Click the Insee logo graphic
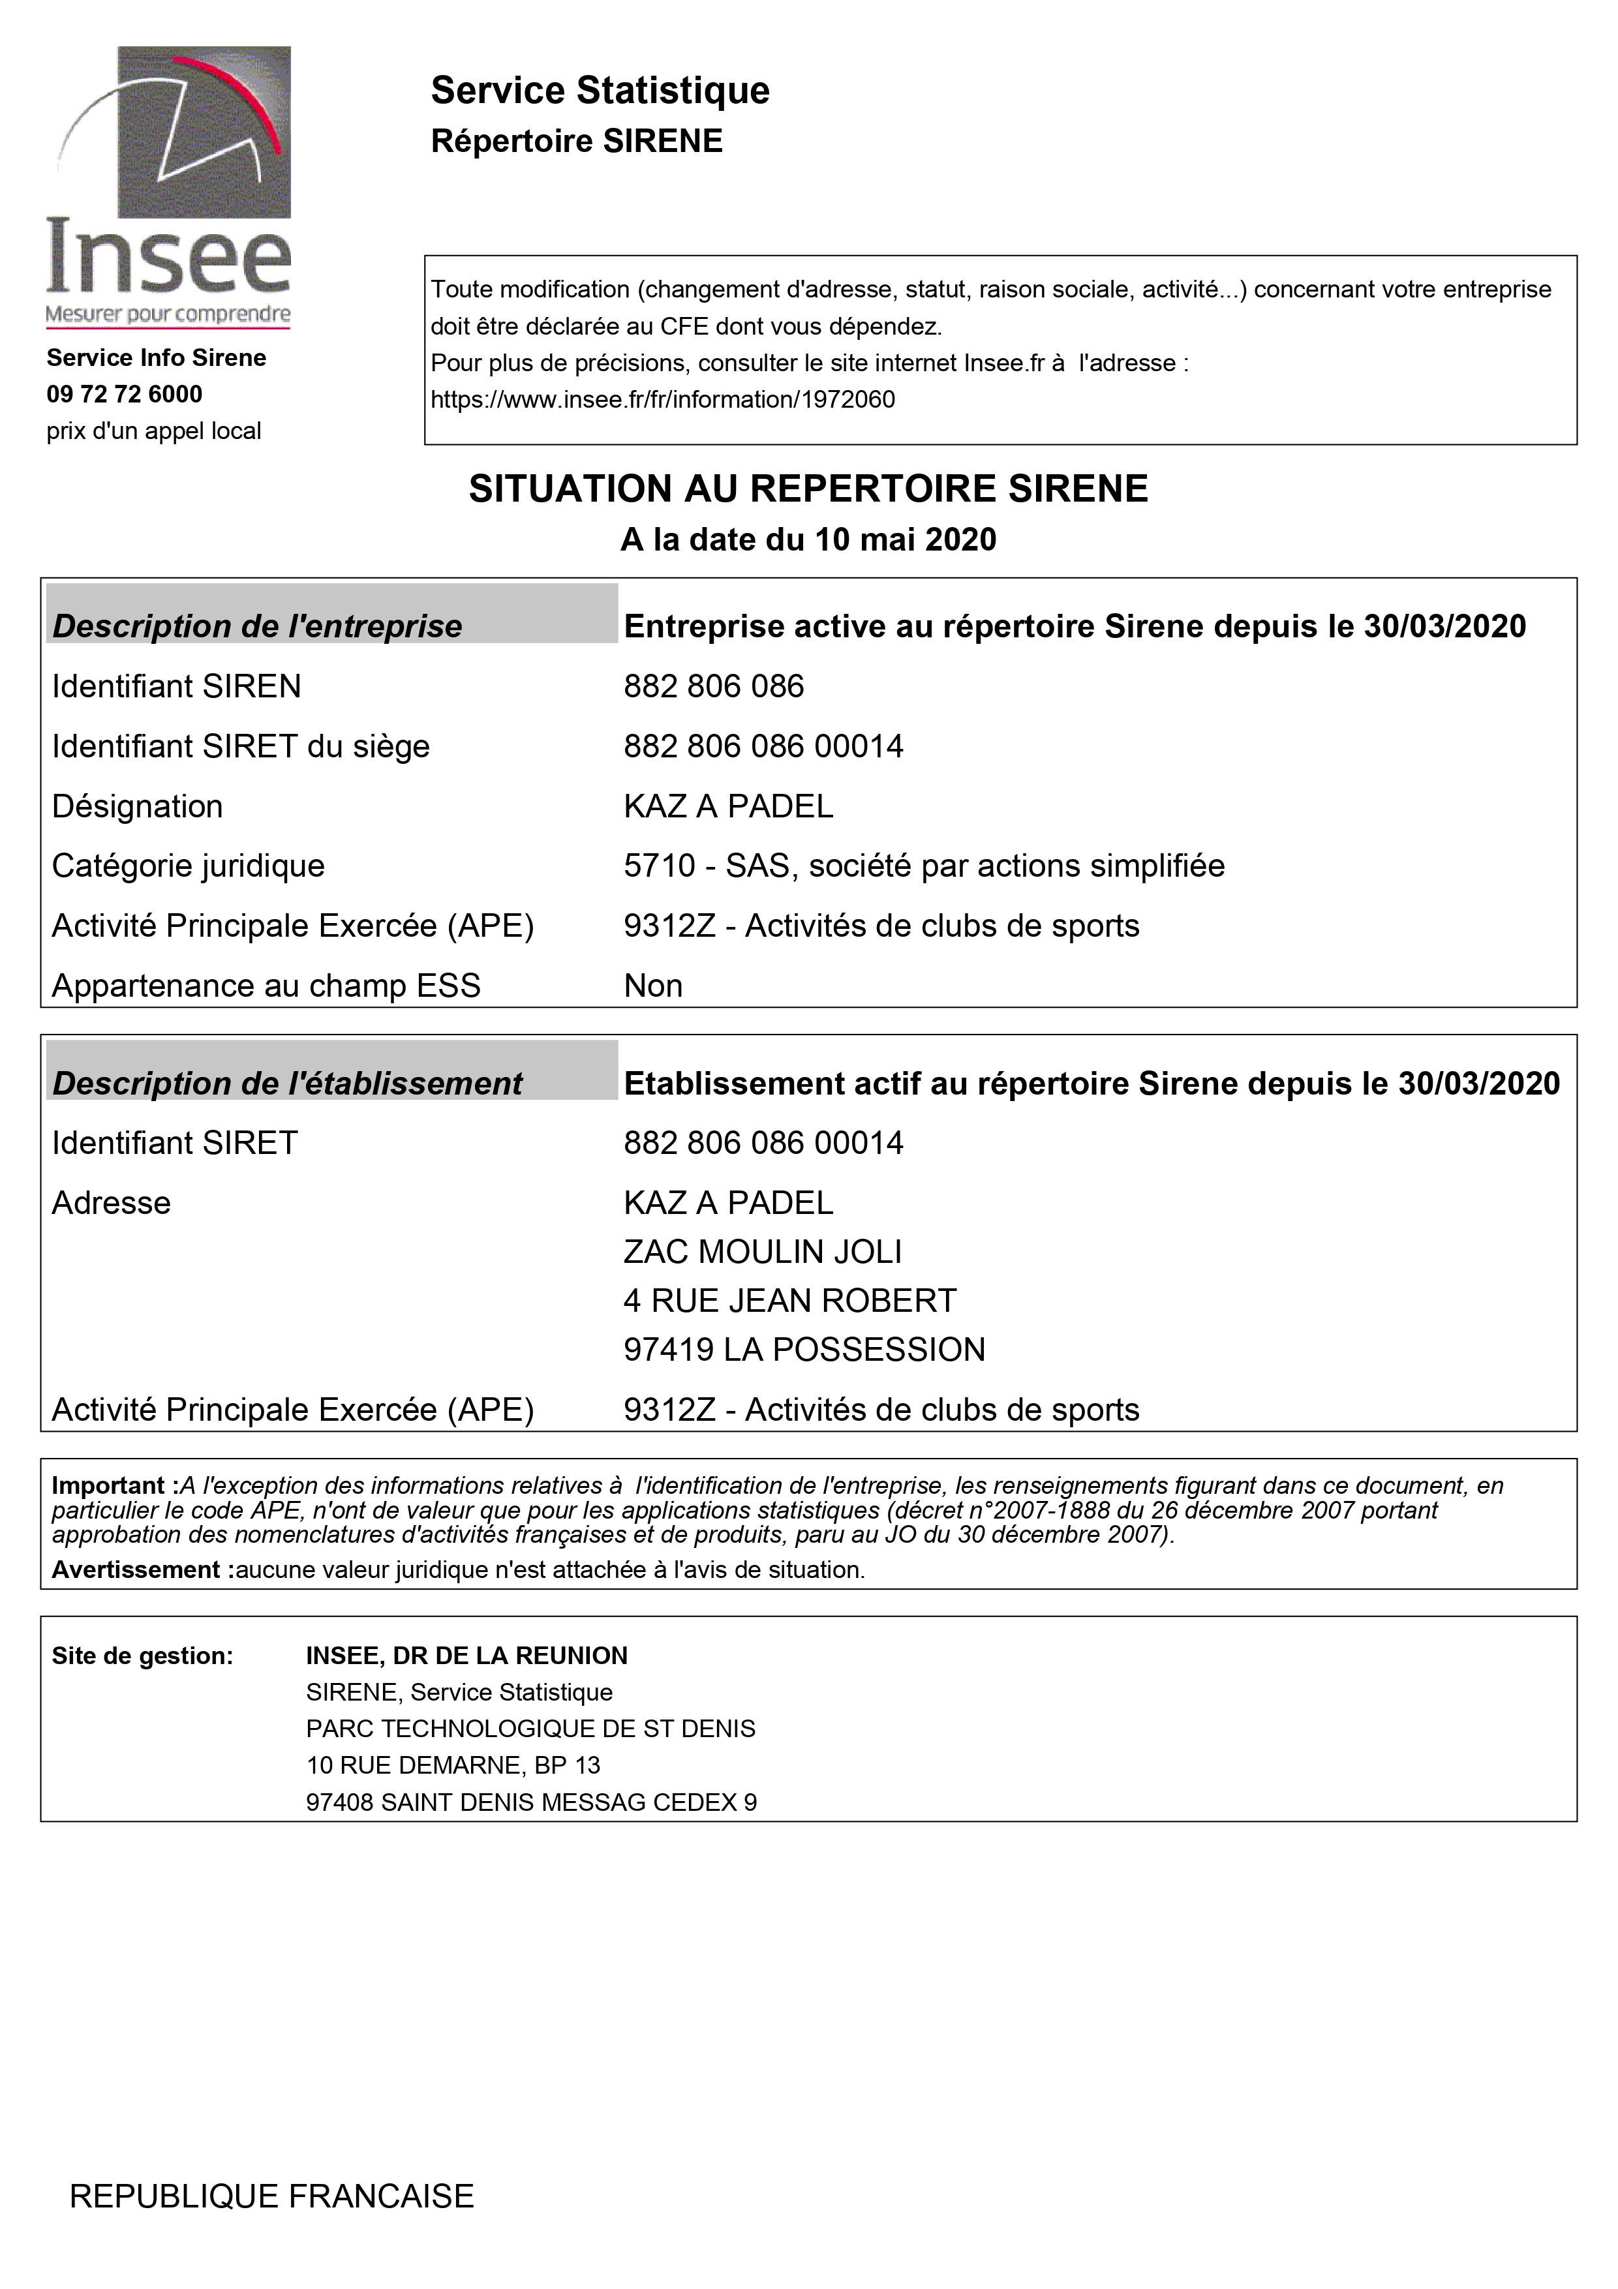tap(170, 185)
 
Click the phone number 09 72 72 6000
tap(125, 394)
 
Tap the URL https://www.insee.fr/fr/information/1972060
tap(662, 400)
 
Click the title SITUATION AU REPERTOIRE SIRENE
tap(808, 489)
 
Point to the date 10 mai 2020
tap(905, 539)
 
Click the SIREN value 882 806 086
tap(714, 686)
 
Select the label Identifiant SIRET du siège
tap(240, 746)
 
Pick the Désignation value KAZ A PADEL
tap(727, 806)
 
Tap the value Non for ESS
tap(653, 985)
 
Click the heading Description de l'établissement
tap(287, 1083)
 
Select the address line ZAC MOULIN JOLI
tap(763, 1251)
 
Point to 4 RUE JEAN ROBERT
tap(789, 1300)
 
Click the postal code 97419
tap(669, 1349)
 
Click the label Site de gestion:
tap(142, 1655)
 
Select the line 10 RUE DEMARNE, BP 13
tap(453, 1765)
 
